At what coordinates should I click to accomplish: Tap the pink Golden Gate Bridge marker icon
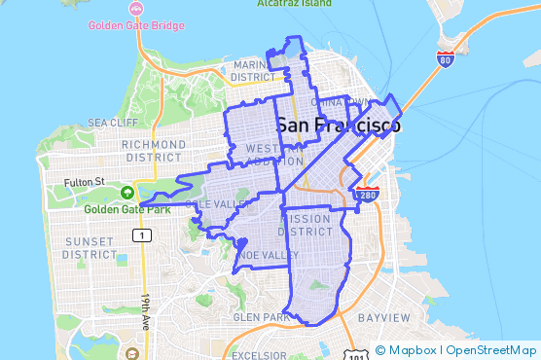point(94,22)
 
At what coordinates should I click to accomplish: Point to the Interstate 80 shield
point(445,58)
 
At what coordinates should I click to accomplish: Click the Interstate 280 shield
point(367,195)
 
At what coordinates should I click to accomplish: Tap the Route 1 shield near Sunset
point(143,235)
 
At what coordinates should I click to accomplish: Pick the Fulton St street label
point(85,181)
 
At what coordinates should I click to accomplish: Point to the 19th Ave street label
point(146,312)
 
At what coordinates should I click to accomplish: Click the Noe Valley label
point(267,255)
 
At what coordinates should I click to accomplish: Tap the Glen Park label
point(259,317)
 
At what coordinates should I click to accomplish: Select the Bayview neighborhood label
point(383,318)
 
